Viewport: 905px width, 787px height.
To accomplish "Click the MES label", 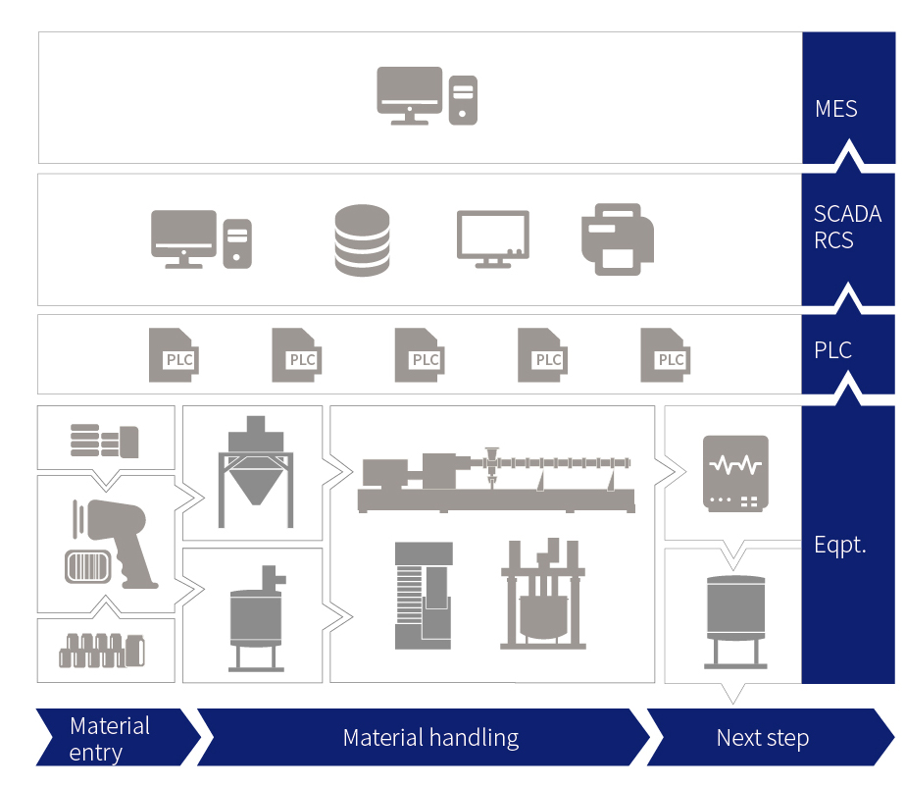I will coord(836,109).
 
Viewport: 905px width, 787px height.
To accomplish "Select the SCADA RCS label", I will coord(847,228).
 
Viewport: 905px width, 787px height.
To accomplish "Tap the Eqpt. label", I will coord(840,546).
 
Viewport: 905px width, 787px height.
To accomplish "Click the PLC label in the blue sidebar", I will coord(833,350).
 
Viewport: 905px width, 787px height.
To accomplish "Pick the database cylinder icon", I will coord(362,240).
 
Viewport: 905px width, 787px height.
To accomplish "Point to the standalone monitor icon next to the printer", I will coord(492,238).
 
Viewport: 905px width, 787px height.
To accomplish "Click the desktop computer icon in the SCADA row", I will coord(201,239).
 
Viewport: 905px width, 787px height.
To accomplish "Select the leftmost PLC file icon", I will coord(174,355).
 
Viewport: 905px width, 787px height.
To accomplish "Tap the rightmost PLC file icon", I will coord(665,355).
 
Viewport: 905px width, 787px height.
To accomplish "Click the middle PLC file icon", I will coord(419,355).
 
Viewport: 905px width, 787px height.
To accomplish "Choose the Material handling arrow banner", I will coord(430,738).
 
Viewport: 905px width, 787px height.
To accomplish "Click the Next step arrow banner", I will coord(763,738).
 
